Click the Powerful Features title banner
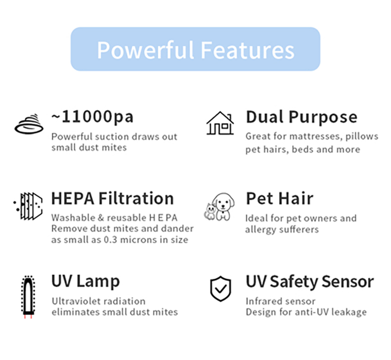[195, 49]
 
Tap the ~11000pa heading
[93, 117]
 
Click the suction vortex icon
[29, 124]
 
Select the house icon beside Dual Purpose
[220, 123]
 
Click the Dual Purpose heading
[301, 117]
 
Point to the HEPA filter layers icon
[28, 206]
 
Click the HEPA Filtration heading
[112, 199]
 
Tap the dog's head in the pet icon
[223, 202]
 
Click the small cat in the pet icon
[210, 212]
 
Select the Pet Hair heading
[280, 199]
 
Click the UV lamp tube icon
[28, 297]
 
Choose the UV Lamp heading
[86, 281]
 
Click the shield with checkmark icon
[220, 288]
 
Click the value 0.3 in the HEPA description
[110, 240]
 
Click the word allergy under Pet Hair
[260, 230]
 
